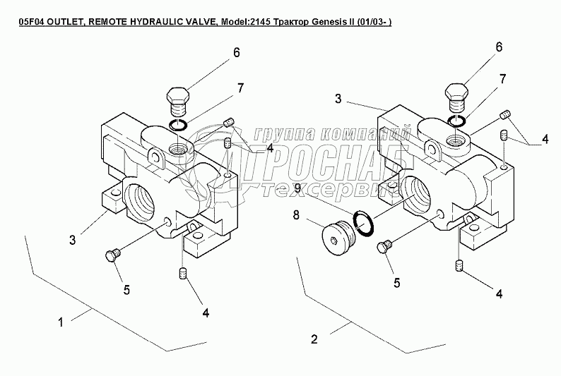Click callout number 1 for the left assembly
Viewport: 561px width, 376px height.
[61, 322]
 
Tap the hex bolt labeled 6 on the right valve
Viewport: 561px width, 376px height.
[458, 97]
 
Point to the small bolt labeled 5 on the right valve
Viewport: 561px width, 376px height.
[384, 246]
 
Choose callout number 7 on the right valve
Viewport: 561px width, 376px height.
[503, 79]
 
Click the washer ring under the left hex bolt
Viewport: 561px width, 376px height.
[178, 126]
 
